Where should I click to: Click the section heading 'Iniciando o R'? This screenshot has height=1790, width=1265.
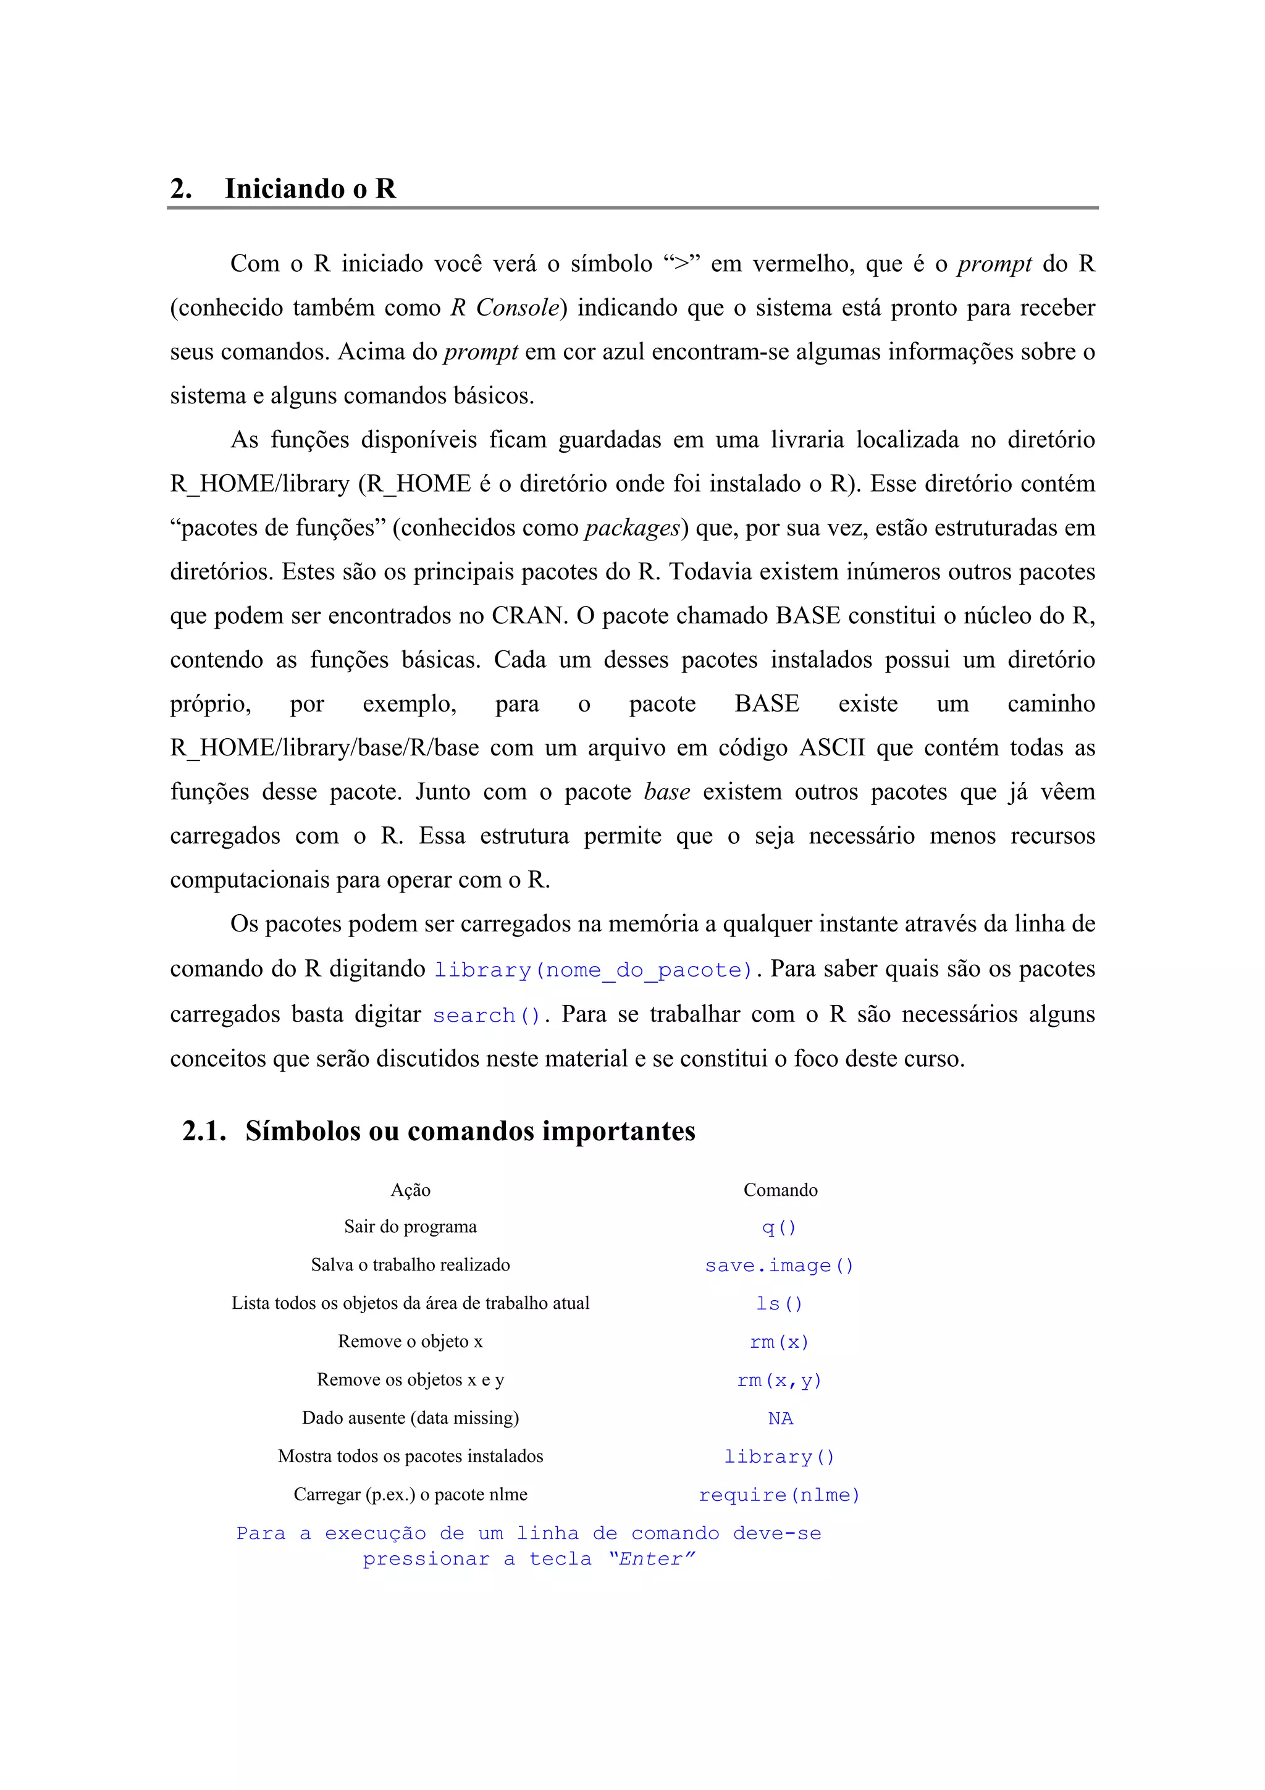[309, 188]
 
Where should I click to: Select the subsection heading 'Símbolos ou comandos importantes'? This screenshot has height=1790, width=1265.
[470, 1131]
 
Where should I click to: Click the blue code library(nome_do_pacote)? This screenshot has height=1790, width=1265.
[593, 970]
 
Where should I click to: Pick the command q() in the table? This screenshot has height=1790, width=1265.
[779, 1228]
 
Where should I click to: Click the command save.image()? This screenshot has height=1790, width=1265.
[779, 1266]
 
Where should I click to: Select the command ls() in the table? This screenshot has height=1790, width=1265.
[779, 1303]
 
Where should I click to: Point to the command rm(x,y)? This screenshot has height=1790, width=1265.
[779, 1380]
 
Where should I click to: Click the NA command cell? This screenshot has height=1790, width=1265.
[780, 1419]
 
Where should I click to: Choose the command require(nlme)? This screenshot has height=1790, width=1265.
[779, 1495]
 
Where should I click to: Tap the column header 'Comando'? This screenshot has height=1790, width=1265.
[780, 1190]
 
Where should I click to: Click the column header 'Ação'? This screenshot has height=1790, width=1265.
[410, 1190]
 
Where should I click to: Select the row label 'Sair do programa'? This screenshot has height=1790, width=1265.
[410, 1227]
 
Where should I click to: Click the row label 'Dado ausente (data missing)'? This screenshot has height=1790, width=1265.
[410, 1418]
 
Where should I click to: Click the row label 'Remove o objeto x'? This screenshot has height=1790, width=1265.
[410, 1342]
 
